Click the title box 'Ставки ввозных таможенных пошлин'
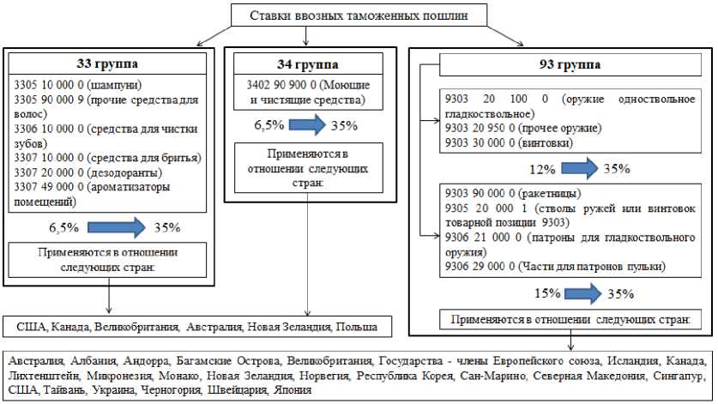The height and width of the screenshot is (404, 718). pos(358,16)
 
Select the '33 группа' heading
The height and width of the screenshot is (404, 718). pos(108,64)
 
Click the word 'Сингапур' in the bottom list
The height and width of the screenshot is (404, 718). pos(679,376)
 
